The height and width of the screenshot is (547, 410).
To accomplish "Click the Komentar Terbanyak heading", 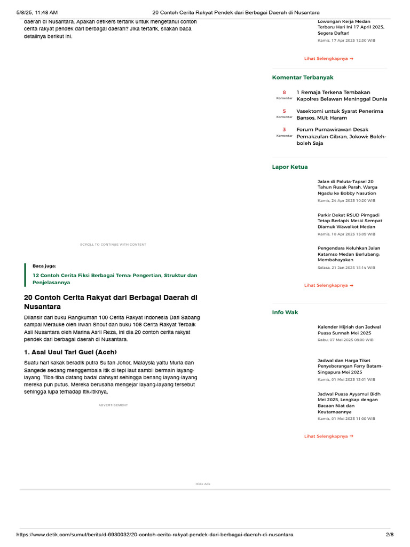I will click(303, 77).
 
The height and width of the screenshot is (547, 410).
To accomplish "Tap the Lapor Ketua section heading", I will click(290, 167).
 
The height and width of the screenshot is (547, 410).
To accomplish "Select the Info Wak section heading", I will click(285, 312).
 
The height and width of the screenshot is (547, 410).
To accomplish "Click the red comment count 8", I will click(285, 92).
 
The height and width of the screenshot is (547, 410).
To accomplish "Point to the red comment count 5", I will click(285, 111).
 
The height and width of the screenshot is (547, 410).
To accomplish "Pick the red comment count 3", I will click(285, 129).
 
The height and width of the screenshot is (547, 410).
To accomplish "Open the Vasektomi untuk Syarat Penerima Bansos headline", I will click(340, 114).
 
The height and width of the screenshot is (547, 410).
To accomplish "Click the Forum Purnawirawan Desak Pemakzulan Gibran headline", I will click(341, 136).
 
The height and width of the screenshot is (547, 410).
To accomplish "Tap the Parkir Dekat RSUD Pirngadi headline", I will click(350, 221).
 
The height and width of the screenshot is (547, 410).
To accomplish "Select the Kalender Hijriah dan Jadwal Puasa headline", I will click(349, 330).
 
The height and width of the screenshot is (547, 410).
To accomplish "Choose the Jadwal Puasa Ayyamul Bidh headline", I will click(349, 403).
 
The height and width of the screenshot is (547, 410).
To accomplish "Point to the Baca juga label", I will click(44, 265).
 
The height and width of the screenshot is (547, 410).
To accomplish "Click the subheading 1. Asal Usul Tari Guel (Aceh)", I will click(70, 352).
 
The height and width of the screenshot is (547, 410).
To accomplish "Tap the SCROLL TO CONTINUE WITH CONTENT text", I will click(113, 245).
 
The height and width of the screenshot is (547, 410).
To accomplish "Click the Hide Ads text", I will click(203, 484).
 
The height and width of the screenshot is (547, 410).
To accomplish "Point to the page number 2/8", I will click(389, 535).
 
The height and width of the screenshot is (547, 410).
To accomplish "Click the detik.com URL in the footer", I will click(155, 535).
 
